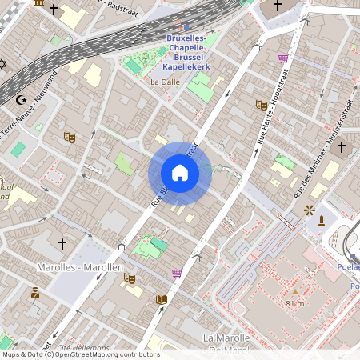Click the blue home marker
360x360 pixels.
click(180, 173)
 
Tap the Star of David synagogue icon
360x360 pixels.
click(2, 63)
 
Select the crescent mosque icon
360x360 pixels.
click(22, 100)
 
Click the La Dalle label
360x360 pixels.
click(166, 82)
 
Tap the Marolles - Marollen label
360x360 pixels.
click(80, 266)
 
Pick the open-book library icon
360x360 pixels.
click(162, 299)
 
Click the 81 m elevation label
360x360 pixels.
click(294, 303)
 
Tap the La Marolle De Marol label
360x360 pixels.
click(228, 343)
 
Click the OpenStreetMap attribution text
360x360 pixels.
click(80, 354)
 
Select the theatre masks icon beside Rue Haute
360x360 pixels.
click(261, 105)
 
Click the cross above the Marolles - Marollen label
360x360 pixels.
click(62, 242)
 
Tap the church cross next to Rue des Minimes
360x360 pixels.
click(341, 147)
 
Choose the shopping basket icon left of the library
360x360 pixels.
click(176, 273)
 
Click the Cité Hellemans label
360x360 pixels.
click(83, 348)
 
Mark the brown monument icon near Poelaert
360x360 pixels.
click(322, 220)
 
